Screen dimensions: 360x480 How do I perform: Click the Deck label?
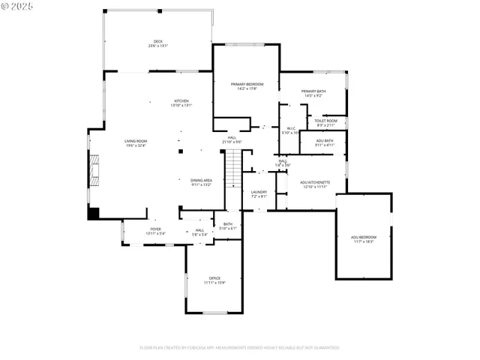157,43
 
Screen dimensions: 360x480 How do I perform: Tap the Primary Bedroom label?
247,86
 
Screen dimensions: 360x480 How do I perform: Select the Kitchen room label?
181,103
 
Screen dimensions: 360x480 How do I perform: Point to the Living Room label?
136,142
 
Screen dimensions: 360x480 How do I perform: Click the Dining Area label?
201,182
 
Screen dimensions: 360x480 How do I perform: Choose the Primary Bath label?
313,93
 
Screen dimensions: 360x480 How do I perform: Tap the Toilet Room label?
325,122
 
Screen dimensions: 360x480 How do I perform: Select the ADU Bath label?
324,142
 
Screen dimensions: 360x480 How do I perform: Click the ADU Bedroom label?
364,238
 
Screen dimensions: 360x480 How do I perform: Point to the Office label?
214,280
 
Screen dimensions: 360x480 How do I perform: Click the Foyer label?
155,231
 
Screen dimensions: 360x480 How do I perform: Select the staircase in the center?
235,169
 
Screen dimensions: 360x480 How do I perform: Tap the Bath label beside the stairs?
227,226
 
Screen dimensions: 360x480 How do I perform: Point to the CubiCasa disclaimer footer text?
239,347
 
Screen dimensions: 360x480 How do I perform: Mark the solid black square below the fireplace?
94,212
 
